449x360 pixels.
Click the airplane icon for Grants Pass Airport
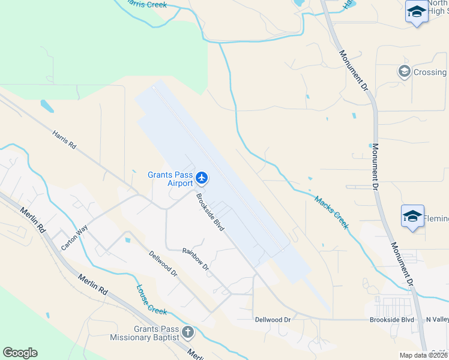click(202, 178)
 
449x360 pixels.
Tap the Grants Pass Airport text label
click(170, 179)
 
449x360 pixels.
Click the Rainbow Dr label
click(196, 259)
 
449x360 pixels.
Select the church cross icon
click(188, 332)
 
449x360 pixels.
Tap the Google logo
click(20, 352)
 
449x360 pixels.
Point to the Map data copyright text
click(424, 355)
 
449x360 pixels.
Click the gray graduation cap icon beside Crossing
click(404, 72)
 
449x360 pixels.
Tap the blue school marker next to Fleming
click(412, 216)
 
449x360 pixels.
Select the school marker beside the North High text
click(416, 12)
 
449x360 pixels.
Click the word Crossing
click(430, 72)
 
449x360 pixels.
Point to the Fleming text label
click(436, 219)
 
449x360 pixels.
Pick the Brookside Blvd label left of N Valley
click(392, 320)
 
